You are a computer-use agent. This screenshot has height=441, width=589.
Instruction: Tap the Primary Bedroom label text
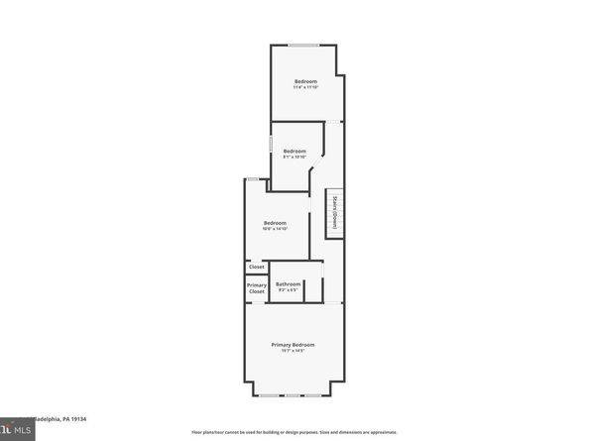point(294,344)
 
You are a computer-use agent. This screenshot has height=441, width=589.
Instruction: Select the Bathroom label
point(288,283)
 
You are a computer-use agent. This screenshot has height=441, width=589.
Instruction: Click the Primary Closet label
point(256,288)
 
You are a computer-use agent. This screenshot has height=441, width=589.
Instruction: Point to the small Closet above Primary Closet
point(256,267)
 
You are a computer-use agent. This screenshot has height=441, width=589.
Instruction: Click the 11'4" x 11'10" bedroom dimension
point(305,87)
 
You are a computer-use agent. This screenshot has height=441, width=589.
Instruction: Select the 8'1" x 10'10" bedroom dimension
point(294,157)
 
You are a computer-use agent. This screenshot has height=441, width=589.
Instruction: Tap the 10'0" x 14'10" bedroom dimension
point(275,229)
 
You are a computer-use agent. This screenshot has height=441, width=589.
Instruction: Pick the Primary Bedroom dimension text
point(294,351)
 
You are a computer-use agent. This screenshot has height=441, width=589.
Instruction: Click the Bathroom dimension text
point(287,290)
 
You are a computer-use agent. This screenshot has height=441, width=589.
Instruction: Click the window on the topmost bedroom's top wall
point(303,46)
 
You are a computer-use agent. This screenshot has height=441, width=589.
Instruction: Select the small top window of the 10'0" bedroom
point(253,178)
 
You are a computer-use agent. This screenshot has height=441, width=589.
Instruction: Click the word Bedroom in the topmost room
point(305,80)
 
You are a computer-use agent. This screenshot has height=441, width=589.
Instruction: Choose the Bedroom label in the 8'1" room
point(294,151)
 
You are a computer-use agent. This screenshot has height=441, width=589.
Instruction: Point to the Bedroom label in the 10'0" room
point(275,223)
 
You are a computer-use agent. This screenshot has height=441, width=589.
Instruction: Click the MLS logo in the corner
point(14,430)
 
